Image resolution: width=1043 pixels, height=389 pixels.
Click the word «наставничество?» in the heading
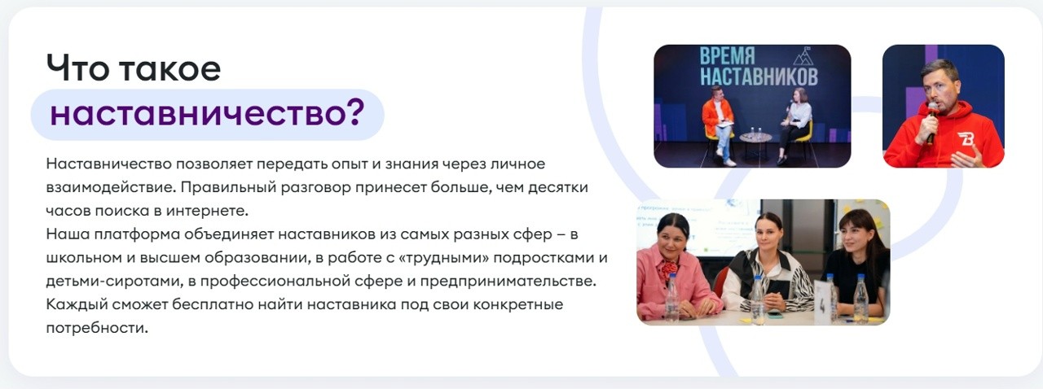(206, 114)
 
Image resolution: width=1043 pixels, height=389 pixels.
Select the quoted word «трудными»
(428, 258)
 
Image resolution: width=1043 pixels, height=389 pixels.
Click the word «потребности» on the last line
(97, 329)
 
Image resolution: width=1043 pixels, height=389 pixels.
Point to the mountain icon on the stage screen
(803, 56)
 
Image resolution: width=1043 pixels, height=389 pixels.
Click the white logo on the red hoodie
(966, 138)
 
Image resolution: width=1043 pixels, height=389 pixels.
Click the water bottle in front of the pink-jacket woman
(672, 299)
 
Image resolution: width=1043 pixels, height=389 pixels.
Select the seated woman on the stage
(794, 122)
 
